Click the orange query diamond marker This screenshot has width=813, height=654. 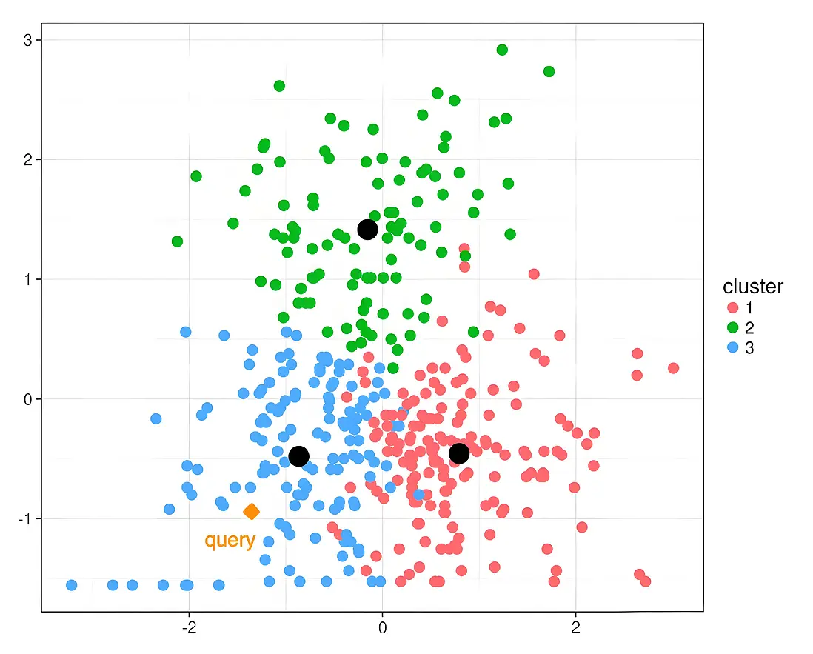[x=251, y=511]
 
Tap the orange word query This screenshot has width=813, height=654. [x=230, y=541]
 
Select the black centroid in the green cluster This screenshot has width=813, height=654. [x=367, y=230]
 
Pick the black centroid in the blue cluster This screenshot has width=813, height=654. [x=298, y=456]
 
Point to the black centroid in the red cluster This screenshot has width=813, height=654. [x=459, y=453]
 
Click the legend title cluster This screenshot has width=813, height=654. [x=752, y=287]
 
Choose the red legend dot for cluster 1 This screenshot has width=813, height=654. [x=733, y=307]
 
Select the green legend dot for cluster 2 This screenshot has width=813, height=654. [x=733, y=327]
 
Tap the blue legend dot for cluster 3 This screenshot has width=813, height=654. [x=733, y=347]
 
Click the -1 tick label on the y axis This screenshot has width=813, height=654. [x=23, y=518]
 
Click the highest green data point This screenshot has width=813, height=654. [x=502, y=50]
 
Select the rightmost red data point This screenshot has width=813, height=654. [x=673, y=368]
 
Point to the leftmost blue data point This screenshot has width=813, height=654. [x=72, y=585]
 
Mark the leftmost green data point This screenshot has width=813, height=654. [x=177, y=241]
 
